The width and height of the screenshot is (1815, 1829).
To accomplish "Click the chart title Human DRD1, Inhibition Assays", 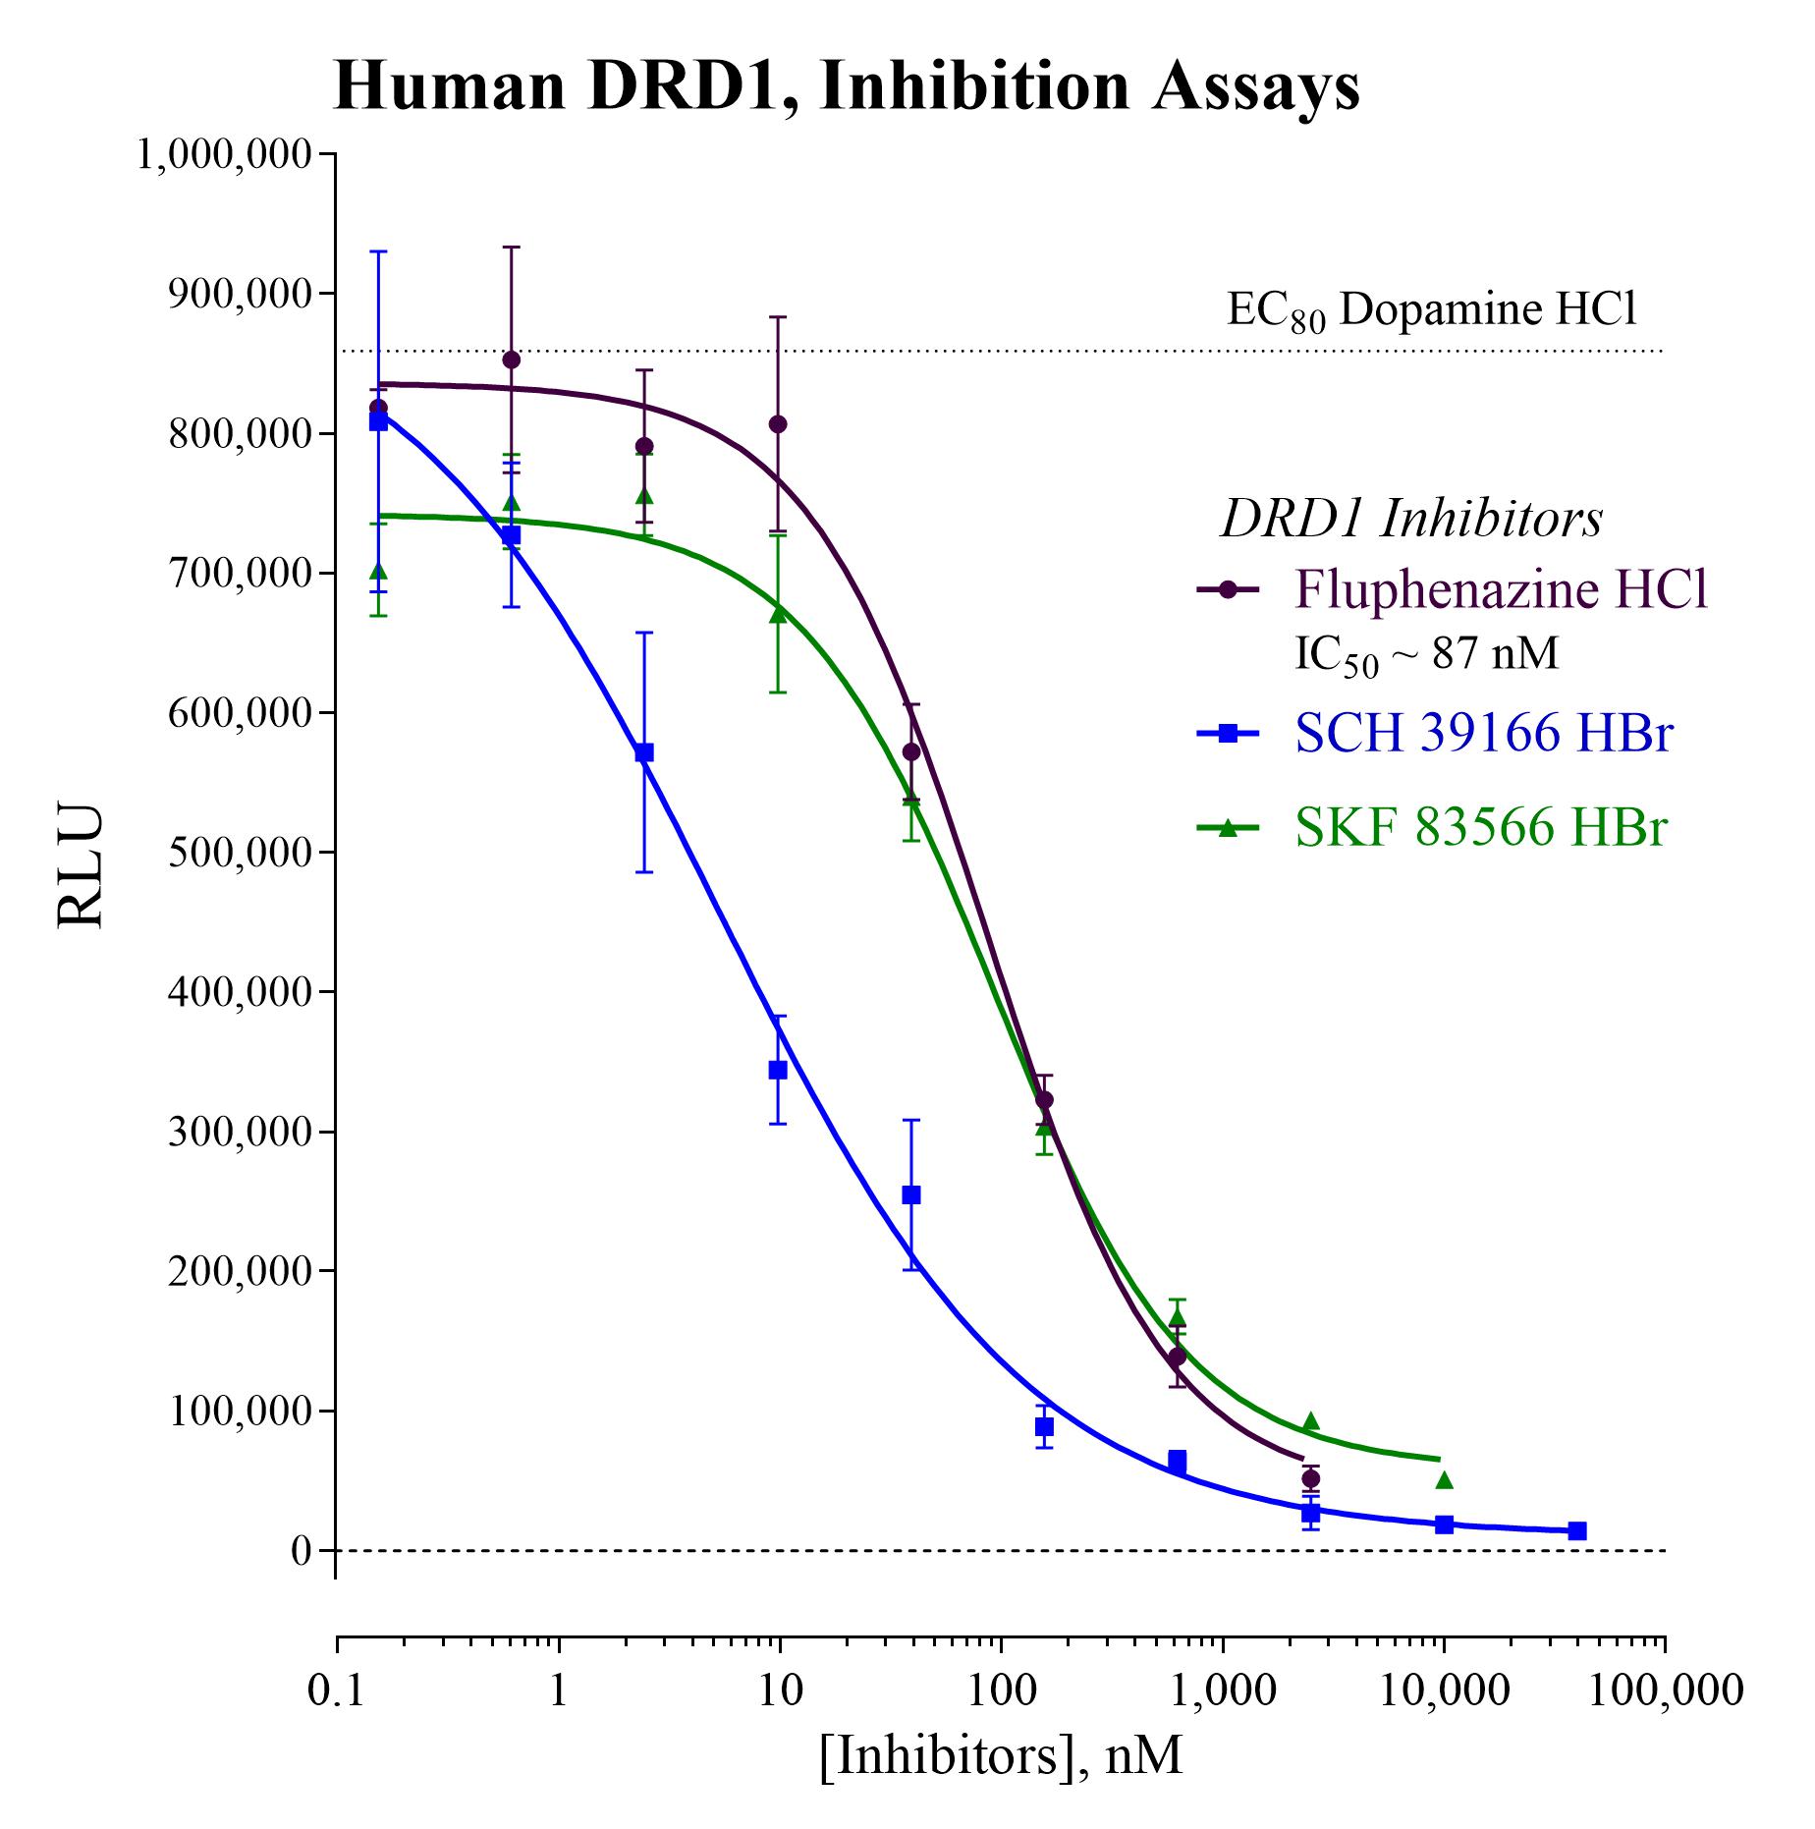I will click(847, 86).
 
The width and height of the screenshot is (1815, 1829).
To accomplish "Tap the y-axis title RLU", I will click(81, 866).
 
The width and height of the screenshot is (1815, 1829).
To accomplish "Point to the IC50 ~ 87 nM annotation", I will click(1426, 654).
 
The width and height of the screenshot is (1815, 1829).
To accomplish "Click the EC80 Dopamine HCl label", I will click(1432, 310).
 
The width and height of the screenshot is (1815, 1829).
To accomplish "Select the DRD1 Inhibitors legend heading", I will click(1411, 519).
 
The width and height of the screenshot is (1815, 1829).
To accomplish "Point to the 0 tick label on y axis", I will click(301, 1551).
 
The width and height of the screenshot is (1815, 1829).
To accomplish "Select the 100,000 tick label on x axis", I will click(1664, 1690).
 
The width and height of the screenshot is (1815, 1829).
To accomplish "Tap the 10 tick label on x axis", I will click(780, 1690).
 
